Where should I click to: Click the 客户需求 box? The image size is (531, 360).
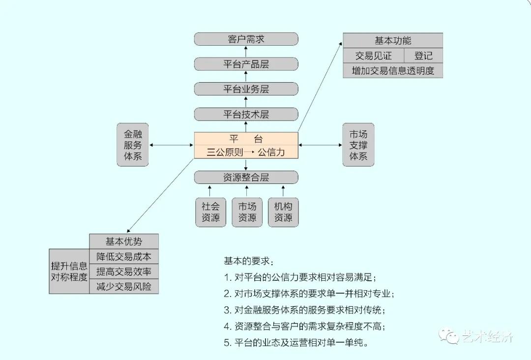[246, 39]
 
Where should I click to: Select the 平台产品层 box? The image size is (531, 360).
[246, 64]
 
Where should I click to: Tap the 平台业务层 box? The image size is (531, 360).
[246, 89]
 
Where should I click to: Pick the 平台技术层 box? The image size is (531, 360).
[246, 114]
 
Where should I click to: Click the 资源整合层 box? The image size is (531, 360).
[246, 178]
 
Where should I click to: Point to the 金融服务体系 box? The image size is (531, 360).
[133, 145]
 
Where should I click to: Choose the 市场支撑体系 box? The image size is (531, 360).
[358, 145]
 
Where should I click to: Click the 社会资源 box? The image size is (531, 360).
[210, 212]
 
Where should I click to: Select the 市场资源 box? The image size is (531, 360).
[247, 212]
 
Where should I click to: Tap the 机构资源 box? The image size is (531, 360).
[283, 212]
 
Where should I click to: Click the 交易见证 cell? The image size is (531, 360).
[373, 56]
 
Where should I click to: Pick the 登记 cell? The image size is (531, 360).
[423, 56]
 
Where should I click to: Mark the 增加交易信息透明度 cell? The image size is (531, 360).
[393, 71]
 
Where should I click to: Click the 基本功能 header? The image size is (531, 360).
[393, 41]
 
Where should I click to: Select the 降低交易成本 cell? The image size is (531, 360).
[124, 256]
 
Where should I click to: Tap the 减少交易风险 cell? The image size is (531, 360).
[124, 286]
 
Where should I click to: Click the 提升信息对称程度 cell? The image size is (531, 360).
[69, 271]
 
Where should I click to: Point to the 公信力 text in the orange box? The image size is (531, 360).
[271, 152]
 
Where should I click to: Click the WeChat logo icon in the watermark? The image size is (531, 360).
[449, 337]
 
